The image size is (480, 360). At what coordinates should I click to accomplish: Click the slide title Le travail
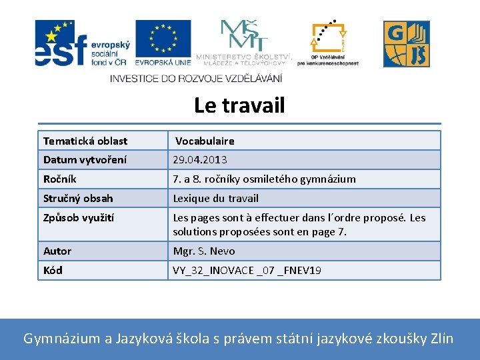[239, 105]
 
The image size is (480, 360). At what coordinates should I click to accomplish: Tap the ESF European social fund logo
[81, 43]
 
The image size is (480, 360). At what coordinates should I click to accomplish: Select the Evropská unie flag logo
[163, 43]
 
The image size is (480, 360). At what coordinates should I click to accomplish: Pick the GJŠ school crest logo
[406, 44]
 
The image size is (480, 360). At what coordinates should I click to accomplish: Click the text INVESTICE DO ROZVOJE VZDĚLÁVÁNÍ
[196, 78]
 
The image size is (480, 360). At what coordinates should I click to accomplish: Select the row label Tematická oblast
[85, 141]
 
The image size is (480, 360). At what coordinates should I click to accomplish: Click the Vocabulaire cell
[205, 141]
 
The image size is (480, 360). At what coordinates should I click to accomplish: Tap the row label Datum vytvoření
[85, 160]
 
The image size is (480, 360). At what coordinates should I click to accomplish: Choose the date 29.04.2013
[200, 160]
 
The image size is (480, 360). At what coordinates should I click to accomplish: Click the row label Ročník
[60, 179]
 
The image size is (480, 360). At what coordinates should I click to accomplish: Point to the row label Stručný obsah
[78, 198]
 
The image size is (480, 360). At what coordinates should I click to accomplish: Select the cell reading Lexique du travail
[215, 198]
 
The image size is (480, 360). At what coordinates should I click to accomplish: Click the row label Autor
[57, 251]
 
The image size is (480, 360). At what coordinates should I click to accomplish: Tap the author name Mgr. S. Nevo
[204, 251]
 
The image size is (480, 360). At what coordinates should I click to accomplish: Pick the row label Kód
[53, 270]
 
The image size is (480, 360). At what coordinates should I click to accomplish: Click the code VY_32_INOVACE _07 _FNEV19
[247, 270]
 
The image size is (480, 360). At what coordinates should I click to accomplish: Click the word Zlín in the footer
[440, 339]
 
